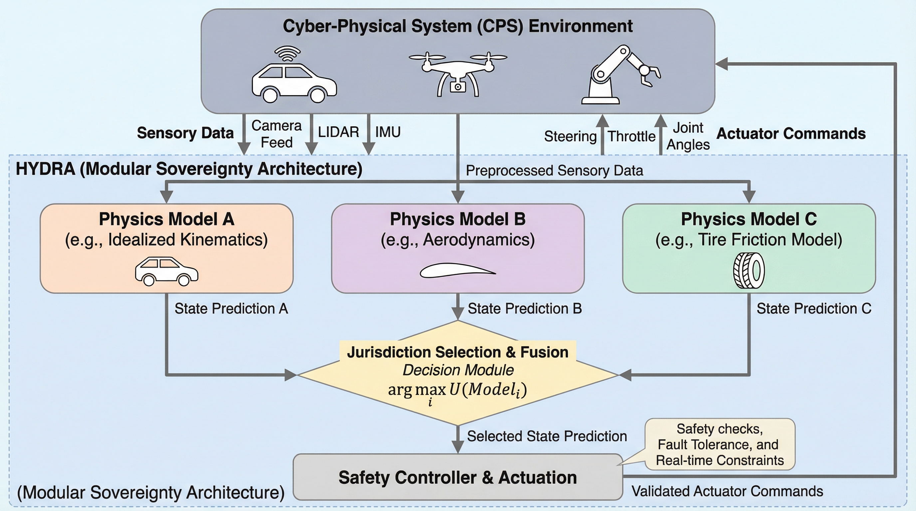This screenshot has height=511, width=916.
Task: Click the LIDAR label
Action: [338, 132]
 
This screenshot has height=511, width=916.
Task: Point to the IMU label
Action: [387, 132]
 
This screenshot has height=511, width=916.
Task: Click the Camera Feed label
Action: [276, 134]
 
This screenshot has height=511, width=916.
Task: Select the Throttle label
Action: [631, 136]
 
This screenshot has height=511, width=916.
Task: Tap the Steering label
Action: [570, 136]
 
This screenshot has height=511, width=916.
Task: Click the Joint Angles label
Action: [688, 136]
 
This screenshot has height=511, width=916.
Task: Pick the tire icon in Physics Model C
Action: [749, 270]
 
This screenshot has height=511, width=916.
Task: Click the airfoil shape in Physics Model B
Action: [458, 270]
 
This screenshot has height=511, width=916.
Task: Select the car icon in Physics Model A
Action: [166, 271]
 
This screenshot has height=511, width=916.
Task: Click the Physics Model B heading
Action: [458, 219]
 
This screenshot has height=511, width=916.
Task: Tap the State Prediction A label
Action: [231, 308]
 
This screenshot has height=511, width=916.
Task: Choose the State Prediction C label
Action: [813, 308]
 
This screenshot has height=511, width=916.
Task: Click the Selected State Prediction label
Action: [547, 436]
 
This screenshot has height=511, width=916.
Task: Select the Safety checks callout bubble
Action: [720, 444]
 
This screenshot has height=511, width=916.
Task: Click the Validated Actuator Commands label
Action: [727, 491]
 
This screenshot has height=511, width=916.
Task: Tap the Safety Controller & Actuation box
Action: [458, 477]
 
